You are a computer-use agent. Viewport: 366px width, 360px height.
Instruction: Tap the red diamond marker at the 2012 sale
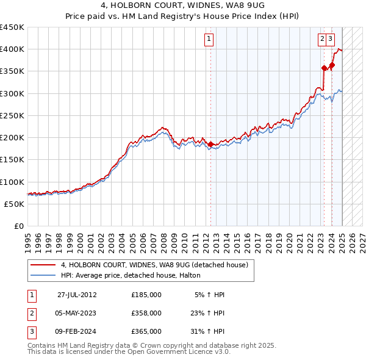(211, 145)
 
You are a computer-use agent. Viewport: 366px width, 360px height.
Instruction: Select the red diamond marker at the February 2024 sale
(332, 65)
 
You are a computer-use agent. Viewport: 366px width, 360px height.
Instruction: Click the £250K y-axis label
(12, 115)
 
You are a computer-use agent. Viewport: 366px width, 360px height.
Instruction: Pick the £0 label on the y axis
(19, 226)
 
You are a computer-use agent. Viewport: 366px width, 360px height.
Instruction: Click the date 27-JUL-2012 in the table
(77, 295)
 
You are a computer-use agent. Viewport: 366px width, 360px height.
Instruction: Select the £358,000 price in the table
(146, 313)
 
